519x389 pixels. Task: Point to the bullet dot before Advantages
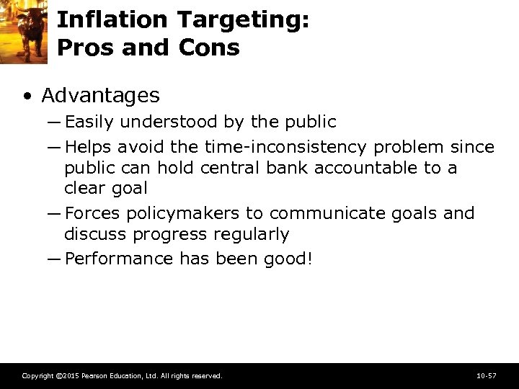(27, 97)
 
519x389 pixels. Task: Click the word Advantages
(101, 95)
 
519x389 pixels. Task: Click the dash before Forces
(55, 213)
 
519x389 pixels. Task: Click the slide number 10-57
(487, 376)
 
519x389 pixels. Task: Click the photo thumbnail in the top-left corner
(23, 31)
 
